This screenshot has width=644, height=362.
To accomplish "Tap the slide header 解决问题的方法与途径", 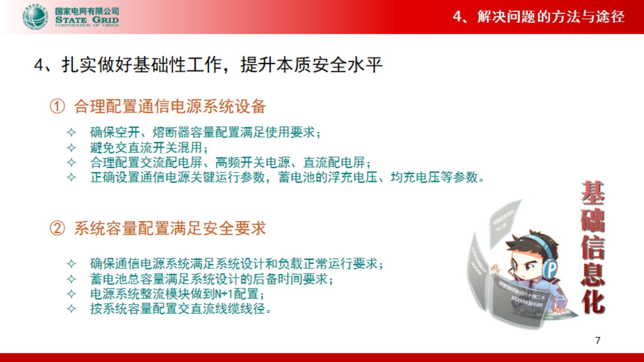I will [x=550, y=16].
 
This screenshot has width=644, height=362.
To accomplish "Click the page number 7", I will [x=598, y=341].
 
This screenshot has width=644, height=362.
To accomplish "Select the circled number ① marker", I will [x=57, y=107].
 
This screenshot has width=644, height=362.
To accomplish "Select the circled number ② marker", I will [x=57, y=229].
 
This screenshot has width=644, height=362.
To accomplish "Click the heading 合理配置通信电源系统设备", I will [x=170, y=107].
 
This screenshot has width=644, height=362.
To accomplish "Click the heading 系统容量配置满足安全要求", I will [x=170, y=229].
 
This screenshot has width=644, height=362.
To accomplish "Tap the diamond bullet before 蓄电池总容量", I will [x=71, y=279].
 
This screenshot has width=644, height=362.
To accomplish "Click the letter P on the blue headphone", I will [x=552, y=268].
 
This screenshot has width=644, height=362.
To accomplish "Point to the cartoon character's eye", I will [x=529, y=267].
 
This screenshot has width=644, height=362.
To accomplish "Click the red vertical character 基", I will [x=593, y=193].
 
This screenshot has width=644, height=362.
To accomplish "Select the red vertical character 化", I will [x=593, y=302].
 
